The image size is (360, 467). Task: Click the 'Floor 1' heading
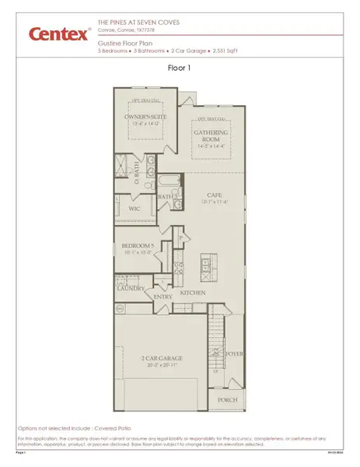click(180, 68)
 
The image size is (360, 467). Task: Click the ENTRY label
click(163, 296)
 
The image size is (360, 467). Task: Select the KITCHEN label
click(193, 293)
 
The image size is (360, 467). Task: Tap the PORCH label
click(227, 400)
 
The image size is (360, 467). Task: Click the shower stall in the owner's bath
click(122, 166)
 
